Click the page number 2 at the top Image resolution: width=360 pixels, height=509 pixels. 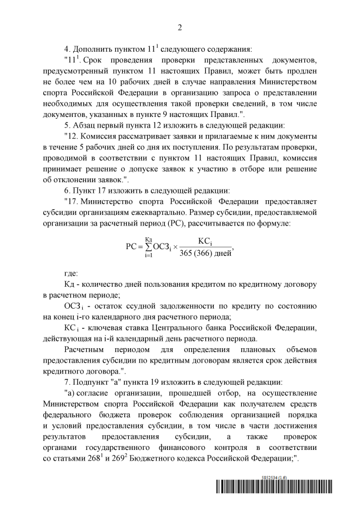tap(180, 27)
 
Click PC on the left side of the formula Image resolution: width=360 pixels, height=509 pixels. tap(132, 246)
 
